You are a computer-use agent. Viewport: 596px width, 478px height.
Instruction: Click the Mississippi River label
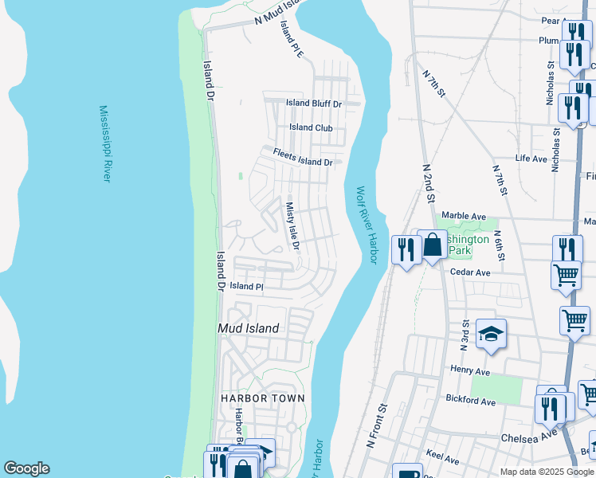(x=104, y=143)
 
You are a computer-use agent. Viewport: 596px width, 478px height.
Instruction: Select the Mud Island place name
(x=249, y=328)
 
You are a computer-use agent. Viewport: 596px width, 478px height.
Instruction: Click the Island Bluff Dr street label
(x=314, y=104)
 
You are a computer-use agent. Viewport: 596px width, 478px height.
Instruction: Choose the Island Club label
(x=311, y=127)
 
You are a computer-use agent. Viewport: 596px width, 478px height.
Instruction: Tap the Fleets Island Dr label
(x=302, y=157)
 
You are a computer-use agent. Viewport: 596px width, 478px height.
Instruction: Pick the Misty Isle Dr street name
(x=292, y=225)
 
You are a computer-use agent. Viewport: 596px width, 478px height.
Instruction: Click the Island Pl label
(x=246, y=286)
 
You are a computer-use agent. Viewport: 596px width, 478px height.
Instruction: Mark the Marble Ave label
(x=464, y=216)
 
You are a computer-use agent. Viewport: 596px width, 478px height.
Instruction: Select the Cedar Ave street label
(x=469, y=272)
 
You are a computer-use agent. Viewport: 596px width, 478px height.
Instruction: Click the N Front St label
(x=376, y=426)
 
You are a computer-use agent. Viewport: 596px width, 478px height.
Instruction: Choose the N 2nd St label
(x=428, y=184)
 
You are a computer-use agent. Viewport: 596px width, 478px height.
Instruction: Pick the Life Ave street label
(x=531, y=159)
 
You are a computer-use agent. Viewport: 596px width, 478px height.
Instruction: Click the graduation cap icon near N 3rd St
(x=492, y=335)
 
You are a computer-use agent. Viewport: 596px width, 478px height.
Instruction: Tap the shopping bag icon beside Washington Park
(x=433, y=245)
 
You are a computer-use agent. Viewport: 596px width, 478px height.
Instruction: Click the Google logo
(x=26, y=468)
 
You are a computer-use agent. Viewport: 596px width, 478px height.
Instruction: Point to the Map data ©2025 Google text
(x=546, y=472)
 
